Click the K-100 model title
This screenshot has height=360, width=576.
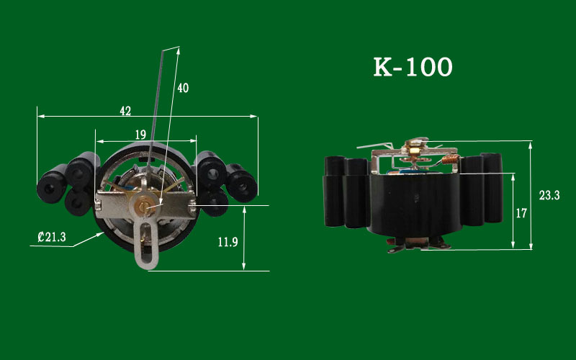pyautogui.click(x=413, y=67)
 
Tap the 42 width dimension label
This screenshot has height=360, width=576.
pyautogui.click(x=125, y=111)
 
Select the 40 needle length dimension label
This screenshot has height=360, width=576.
pyautogui.click(x=183, y=88)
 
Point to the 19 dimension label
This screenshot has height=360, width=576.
pyautogui.click(x=140, y=135)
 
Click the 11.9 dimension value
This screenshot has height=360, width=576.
pyautogui.click(x=228, y=242)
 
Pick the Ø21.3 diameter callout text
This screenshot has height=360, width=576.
pyautogui.click(x=52, y=237)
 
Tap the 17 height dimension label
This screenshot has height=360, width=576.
pyautogui.click(x=521, y=213)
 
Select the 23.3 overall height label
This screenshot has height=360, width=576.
pyautogui.click(x=549, y=195)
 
